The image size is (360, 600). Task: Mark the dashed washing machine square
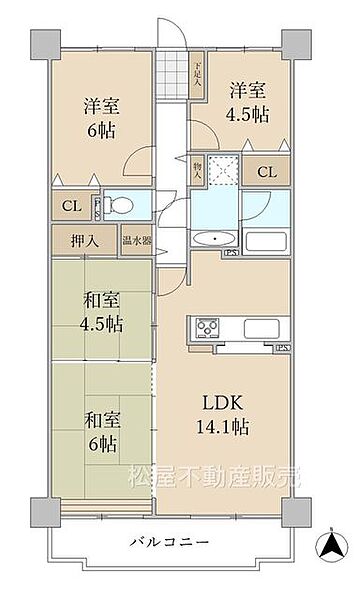[x=225, y=171]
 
